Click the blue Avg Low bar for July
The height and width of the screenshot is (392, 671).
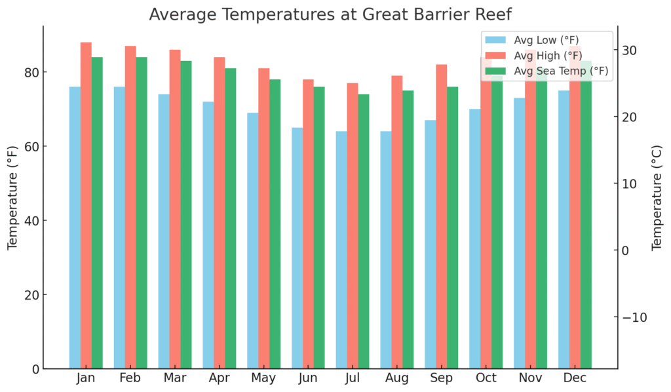coord(341,250)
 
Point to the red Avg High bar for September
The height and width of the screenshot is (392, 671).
coord(442,216)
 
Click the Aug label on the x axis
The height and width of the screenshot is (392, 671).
coord(397,379)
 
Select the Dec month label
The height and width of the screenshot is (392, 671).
coord(575,379)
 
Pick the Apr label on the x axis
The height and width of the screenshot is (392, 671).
coord(219,379)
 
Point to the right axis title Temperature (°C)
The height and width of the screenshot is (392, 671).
coord(657,197)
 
